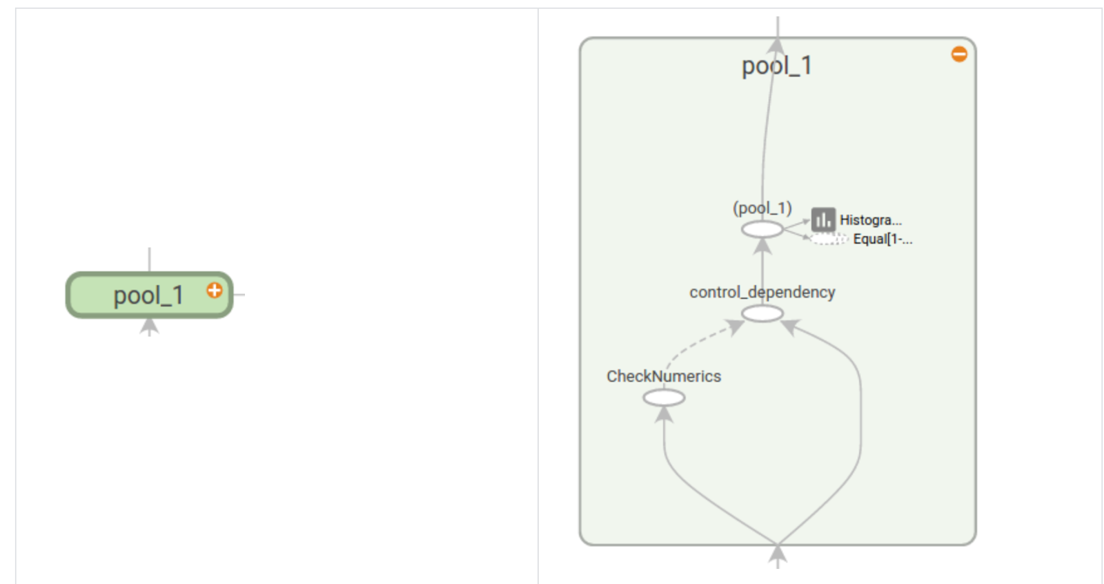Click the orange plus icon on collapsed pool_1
pos(215,290)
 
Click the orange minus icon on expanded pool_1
pos(959,54)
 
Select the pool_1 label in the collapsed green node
pos(148,295)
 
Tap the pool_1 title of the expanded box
pos(776,66)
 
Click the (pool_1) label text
pos(762,208)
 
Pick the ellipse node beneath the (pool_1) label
pos(762,229)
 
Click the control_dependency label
pos(762,292)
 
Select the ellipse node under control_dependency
pos(762,313)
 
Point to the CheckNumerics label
pos(664,376)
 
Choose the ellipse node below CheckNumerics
pos(664,398)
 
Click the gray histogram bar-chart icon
pos(822,220)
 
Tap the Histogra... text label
pos(870,220)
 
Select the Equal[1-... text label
pos(883,239)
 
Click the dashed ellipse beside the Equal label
pos(828,239)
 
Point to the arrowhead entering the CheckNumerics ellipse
pos(664,413)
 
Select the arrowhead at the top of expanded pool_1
pos(777,45)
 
